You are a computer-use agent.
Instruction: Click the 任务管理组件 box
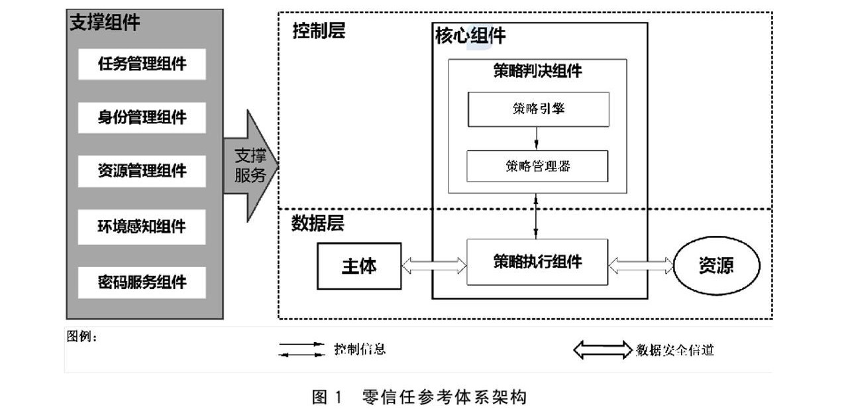(x=142, y=64)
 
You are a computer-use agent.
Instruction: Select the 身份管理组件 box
(x=142, y=118)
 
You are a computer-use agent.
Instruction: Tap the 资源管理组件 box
(x=142, y=171)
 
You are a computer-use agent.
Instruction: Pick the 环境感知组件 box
(x=142, y=227)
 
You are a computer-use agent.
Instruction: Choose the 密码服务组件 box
(x=142, y=282)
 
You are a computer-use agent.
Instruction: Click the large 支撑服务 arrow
(x=250, y=166)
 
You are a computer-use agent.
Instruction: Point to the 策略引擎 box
(x=538, y=109)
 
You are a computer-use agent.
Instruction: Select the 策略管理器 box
(x=537, y=166)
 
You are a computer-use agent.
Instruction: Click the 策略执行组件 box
(x=537, y=262)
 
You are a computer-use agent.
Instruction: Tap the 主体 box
(x=359, y=266)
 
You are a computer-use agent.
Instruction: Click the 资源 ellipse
(x=716, y=266)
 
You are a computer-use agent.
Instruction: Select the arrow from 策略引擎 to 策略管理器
(x=537, y=138)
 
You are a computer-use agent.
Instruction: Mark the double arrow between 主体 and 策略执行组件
(x=434, y=266)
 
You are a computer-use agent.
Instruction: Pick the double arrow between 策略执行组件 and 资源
(x=641, y=266)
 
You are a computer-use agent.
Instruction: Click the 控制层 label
(x=319, y=31)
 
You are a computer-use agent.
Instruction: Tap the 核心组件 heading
(x=470, y=36)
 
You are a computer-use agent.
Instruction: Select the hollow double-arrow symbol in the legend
(x=602, y=349)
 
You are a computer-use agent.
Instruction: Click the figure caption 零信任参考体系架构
(x=445, y=397)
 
